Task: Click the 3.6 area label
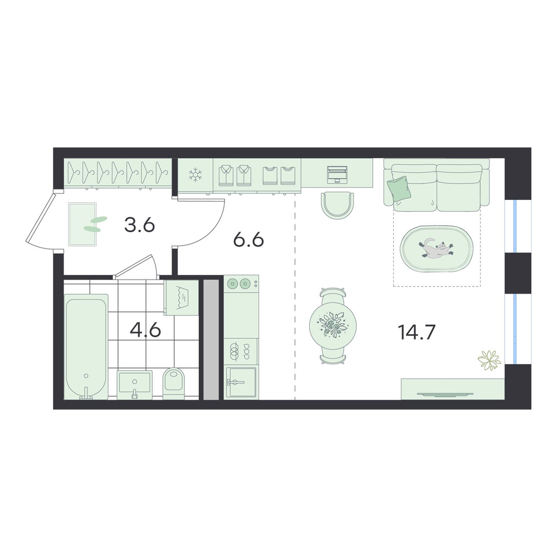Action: pyautogui.click(x=140, y=225)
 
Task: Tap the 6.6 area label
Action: pyautogui.click(x=248, y=240)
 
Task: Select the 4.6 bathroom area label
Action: pyautogui.click(x=145, y=330)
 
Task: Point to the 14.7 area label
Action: pyautogui.click(x=416, y=333)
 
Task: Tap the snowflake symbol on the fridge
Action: pyautogui.click(x=195, y=175)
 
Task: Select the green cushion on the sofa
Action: pyautogui.click(x=399, y=188)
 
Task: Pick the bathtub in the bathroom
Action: pyautogui.click(x=86, y=347)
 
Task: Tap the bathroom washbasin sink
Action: pyautogui.click(x=135, y=384)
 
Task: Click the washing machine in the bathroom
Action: pyautogui.click(x=181, y=297)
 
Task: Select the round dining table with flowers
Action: pyautogui.click(x=333, y=325)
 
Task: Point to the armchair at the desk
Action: pyautogui.click(x=337, y=205)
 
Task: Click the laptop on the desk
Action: pyautogui.click(x=336, y=174)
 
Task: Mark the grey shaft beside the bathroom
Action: pyautogui.click(x=211, y=339)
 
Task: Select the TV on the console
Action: pyautogui.click(x=444, y=394)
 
